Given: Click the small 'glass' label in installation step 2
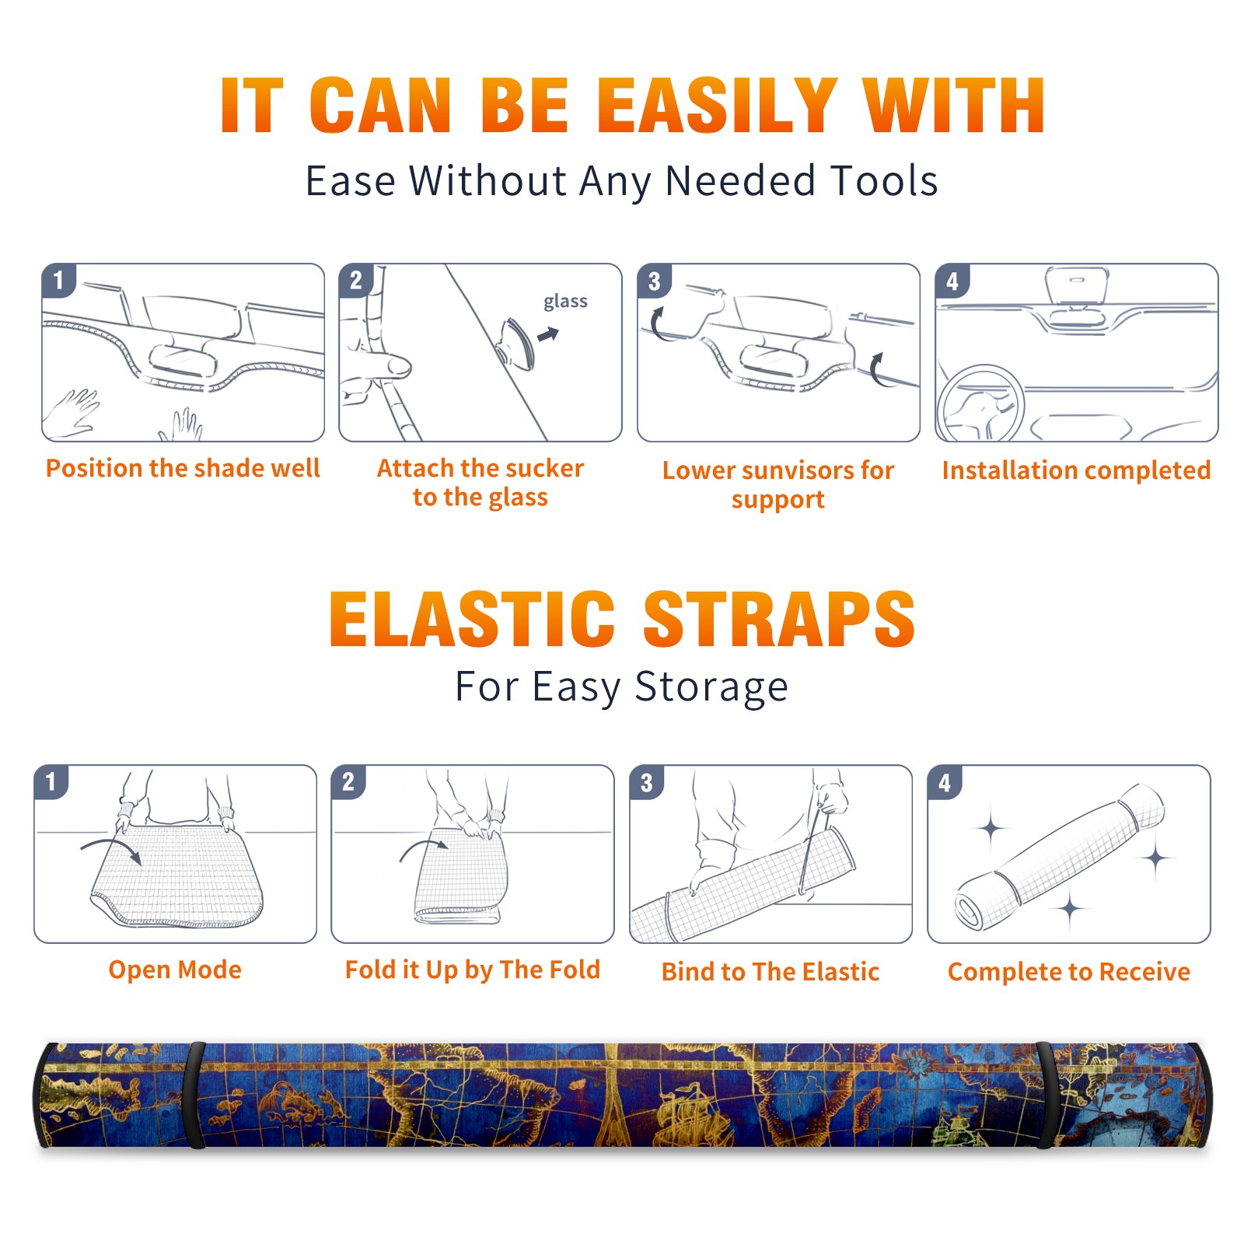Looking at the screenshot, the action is (565, 302).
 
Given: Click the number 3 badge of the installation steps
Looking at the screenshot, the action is (654, 281).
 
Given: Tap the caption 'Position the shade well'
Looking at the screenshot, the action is (183, 468).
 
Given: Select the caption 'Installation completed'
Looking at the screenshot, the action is (1076, 470).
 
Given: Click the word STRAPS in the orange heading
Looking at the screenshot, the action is (779, 619).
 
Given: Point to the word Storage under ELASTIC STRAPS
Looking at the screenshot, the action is (711, 688).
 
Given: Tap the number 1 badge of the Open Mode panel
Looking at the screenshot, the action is (51, 781).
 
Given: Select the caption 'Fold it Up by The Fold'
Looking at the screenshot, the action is (473, 970).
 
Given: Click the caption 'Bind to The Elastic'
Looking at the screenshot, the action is (771, 972).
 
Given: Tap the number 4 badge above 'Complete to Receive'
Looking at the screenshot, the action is (945, 782).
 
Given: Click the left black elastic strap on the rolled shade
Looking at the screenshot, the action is (195, 1095).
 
